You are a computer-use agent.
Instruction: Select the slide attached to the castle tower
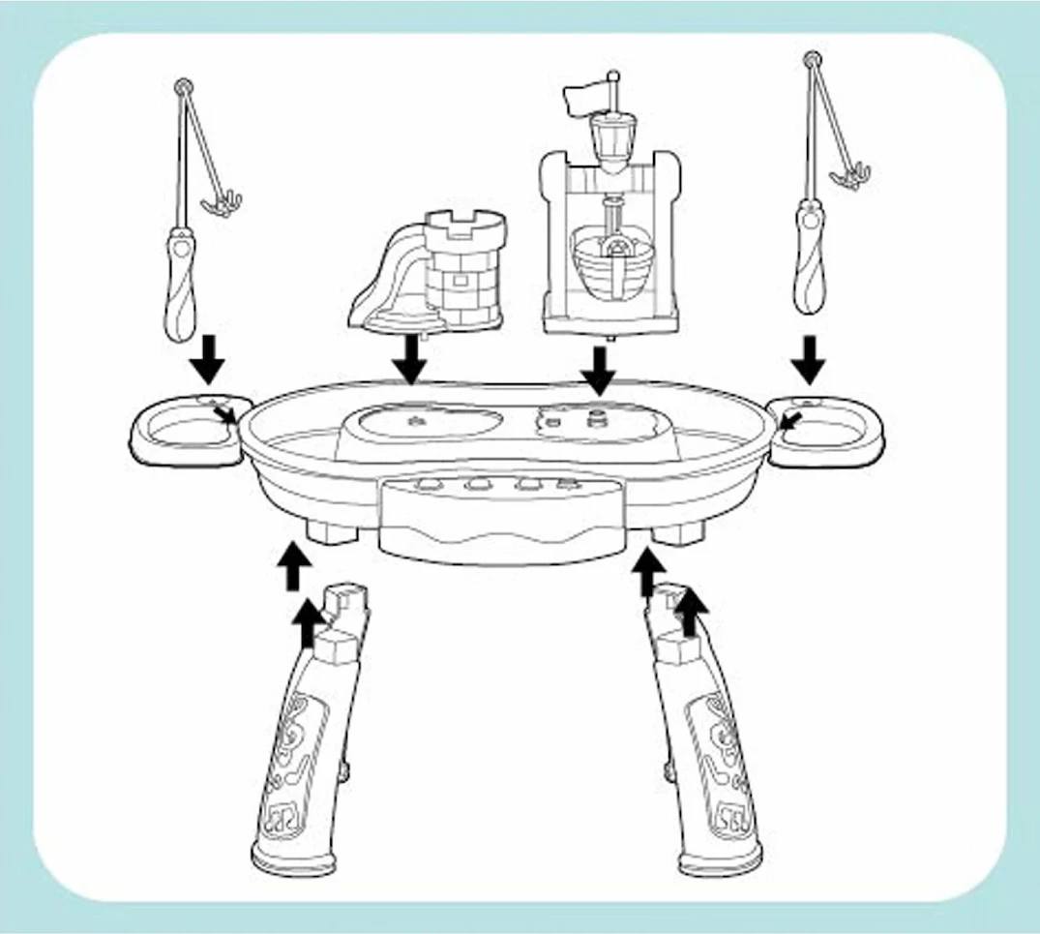pyautogui.click(x=384, y=281)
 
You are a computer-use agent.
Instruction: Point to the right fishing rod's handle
pyautogui.click(x=809, y=256)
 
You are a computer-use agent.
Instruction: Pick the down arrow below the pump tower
pyautogui.click(x=599, y=369)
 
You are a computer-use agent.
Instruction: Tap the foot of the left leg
pyautogui.click(x=290, y=858)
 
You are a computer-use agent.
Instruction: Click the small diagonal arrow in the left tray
pyautogui.click(x=226, y=415)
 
